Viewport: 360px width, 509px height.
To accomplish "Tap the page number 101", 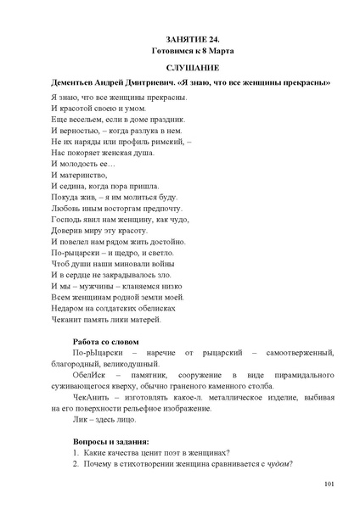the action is (x=329, y=484).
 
